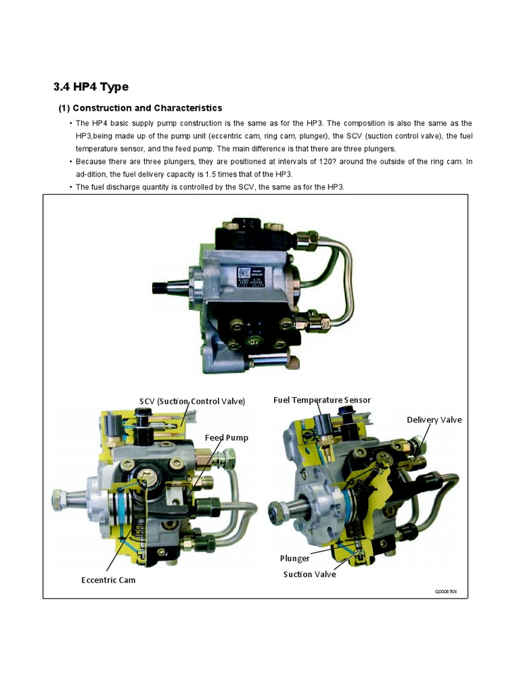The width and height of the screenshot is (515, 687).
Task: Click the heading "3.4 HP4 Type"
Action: [x=91, y=87]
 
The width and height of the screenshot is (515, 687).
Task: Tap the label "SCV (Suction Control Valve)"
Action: [x=192, y=401]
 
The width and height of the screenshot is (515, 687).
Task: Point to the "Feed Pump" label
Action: [x=227, y=437]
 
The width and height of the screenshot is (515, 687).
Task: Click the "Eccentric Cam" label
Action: [x=109, y=580]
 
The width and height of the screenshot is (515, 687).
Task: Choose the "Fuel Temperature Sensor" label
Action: [x=322, y=400]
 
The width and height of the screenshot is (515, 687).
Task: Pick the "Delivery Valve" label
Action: [x=434, y=420]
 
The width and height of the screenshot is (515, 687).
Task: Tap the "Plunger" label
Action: [x=295, y=558]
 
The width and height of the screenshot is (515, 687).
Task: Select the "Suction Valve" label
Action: [x=310, y=574]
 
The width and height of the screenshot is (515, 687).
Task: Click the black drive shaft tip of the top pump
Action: [x=160, y=288]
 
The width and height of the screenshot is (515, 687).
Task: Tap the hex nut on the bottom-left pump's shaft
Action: [x=57, y=499]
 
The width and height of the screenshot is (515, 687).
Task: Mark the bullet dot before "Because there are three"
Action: [x=70, y=162]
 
